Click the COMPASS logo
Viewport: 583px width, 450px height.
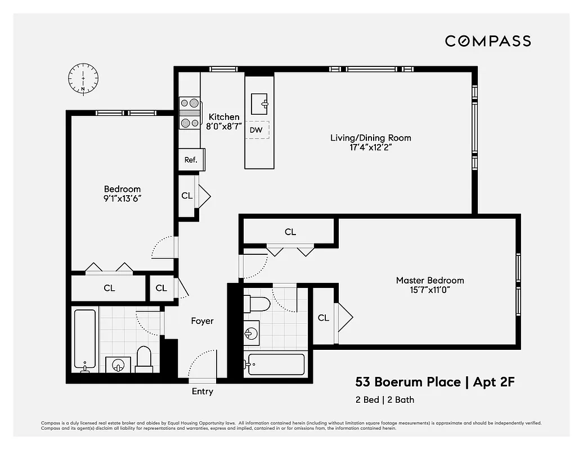pos(487,41)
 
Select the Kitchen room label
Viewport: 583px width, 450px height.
pos(224,117)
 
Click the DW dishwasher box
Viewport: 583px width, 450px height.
pos(257,130)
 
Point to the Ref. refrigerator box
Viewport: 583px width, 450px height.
pos(191,160)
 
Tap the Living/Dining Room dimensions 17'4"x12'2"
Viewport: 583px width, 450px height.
pos(370,148)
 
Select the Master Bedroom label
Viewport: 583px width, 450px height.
pos(430,280)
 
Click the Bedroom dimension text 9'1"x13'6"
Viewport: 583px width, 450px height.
pos(122,199)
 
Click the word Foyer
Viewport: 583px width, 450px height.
pos(202,321)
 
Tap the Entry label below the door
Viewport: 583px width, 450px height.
pos(202,391)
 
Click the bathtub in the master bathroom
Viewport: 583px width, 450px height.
pos(276,364)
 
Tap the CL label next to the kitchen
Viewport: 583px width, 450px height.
pos(187,196)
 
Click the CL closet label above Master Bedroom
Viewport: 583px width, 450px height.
pos(290,232)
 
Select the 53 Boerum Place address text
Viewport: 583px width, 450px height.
pos(407,382)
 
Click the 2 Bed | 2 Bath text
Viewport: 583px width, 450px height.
pos(384,400)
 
